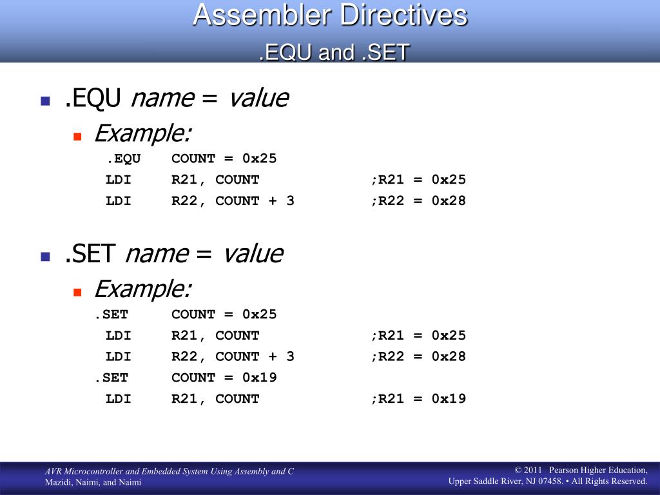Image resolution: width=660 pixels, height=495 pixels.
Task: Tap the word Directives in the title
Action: (x=403, y=15)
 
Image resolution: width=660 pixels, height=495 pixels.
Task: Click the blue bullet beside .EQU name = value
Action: (x=46, y=101)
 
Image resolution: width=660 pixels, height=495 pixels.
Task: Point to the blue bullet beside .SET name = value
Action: (x=46, y=257)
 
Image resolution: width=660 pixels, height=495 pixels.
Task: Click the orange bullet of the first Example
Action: (x=77, y=136)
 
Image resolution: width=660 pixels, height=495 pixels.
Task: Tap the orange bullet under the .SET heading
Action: (x=77, y=292)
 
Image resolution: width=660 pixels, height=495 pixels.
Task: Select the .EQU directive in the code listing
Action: (x=123, y=159)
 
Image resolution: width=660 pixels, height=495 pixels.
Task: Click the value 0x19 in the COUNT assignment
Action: (x=259, y=378)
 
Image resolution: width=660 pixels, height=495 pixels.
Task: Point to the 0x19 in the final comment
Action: (x=449, y=398)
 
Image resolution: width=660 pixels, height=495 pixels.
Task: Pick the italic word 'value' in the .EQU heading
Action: (x=258, y=98)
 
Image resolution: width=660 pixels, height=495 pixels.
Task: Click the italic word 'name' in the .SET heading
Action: (x=157, y=254)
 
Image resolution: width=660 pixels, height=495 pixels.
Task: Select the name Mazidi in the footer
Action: (x=58, y=482)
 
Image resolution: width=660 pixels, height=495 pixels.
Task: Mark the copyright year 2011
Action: (x=532, y=470)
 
